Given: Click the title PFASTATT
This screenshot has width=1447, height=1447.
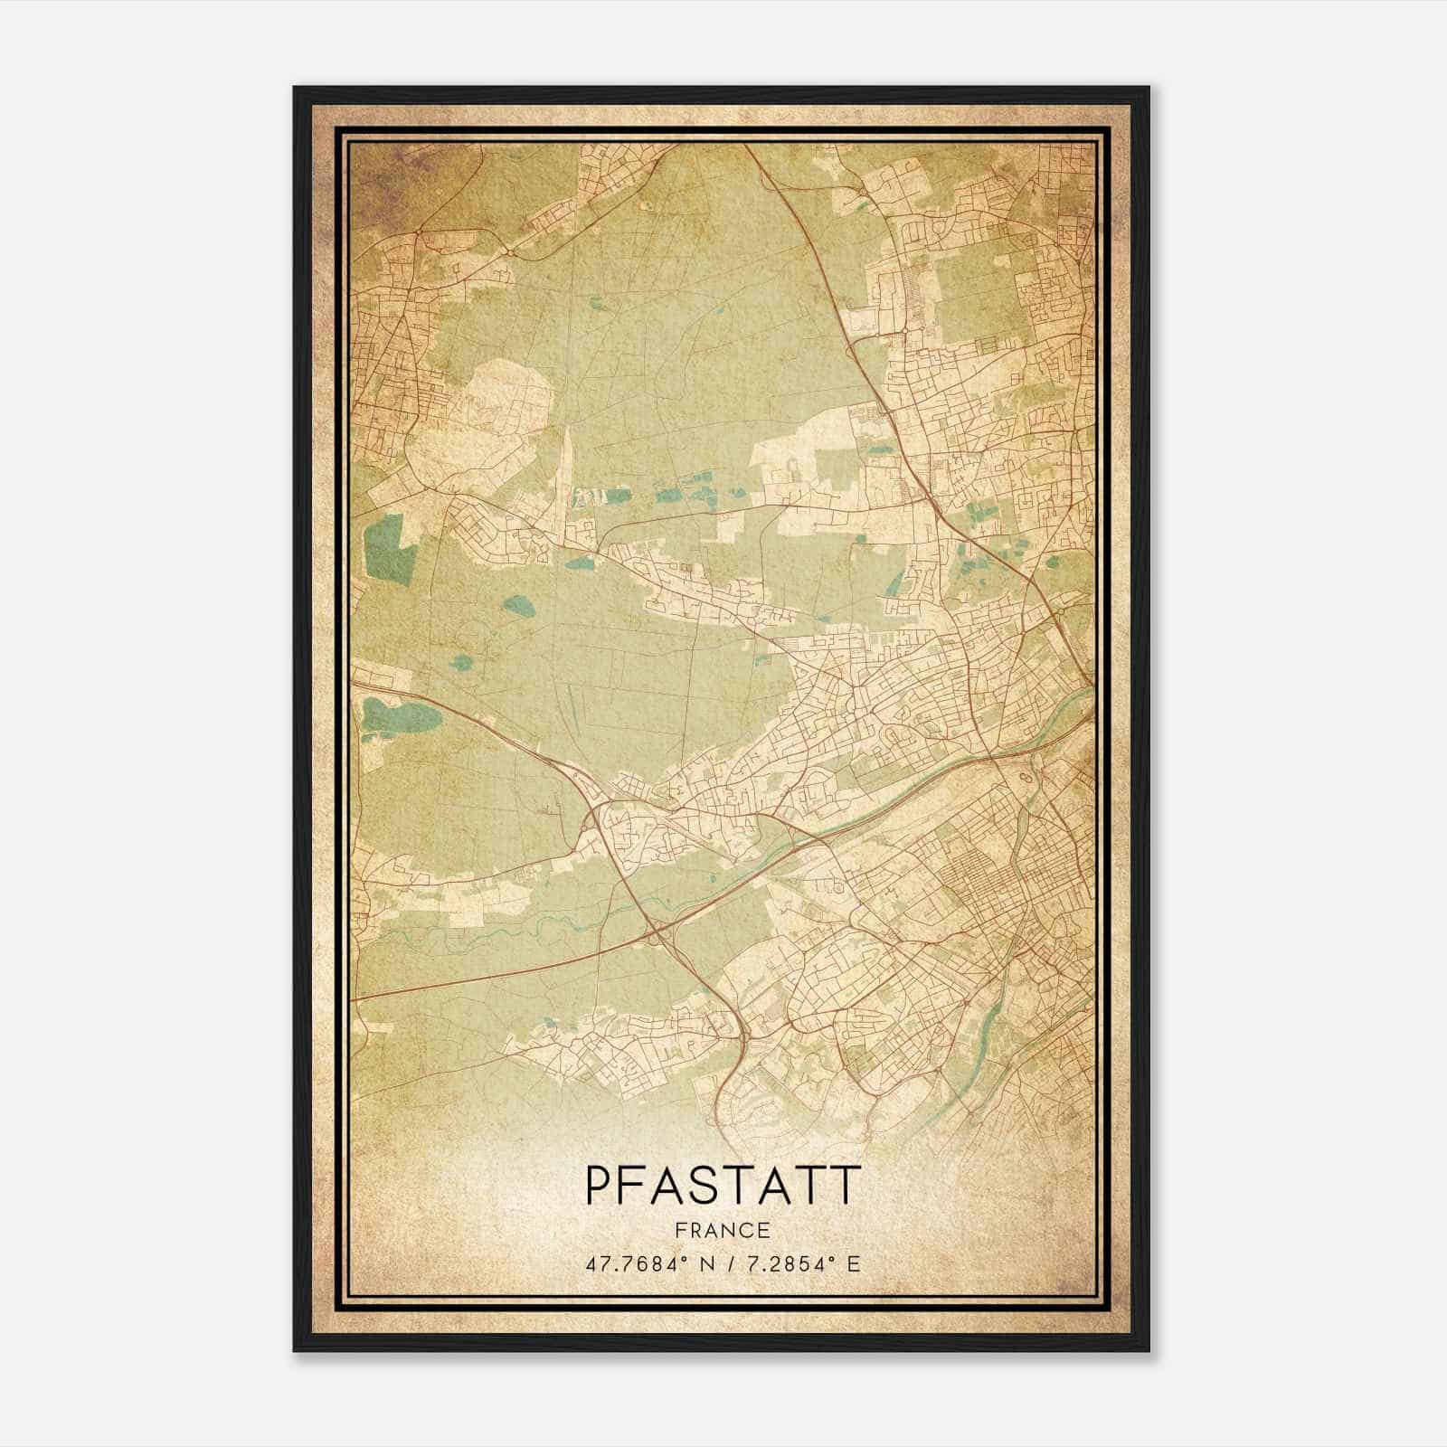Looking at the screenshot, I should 721,1186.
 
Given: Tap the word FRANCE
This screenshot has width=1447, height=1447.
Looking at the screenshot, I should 721,1230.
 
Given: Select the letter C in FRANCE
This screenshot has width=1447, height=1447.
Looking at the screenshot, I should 747,1230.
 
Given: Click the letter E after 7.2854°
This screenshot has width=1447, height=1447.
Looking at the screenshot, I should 855,1263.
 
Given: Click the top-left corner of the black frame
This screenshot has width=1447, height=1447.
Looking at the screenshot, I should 296,89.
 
